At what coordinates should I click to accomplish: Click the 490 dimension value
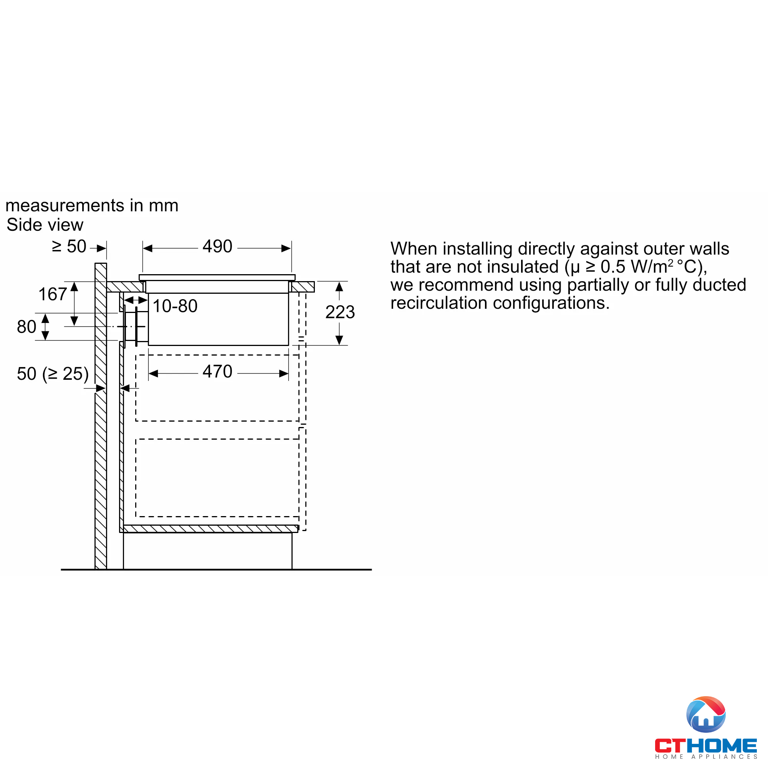pos(217,247)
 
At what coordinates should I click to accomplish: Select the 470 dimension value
pos(217,372)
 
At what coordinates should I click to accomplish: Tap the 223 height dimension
pos(340,312)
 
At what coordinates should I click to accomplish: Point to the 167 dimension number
pos(53,294)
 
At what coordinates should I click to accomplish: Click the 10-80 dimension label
pos(175,306)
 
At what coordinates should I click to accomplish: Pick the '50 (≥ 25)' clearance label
pos(53,374)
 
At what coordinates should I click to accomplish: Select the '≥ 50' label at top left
pos(69,247)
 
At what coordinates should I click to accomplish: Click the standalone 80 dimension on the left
pos(26,327)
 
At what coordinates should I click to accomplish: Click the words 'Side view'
pos(45,225)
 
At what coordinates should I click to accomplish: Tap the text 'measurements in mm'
pos(92,205)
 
